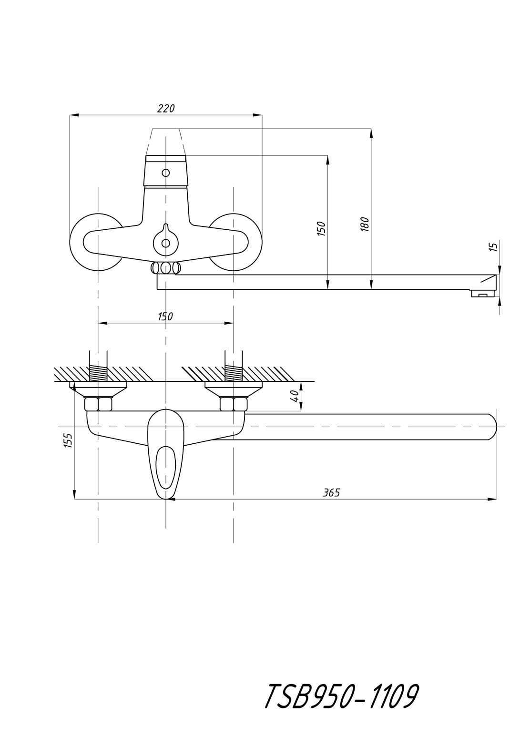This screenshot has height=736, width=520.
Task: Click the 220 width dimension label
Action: click(166, 109)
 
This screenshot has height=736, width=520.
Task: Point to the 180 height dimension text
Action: click(365, 224)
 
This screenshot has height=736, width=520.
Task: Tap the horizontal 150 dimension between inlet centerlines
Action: click(165, 317)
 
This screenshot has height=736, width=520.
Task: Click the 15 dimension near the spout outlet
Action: click(494, 246)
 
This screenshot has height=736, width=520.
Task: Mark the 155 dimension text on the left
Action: click(68, 440)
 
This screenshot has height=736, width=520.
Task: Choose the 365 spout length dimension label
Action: click(331, 493)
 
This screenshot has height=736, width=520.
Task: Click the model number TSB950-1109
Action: click(341, 696)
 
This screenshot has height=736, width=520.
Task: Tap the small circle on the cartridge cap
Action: click(165, 173)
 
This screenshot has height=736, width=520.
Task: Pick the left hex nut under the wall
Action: click(98, 405)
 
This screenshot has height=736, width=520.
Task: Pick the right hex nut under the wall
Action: click(234, 405)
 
